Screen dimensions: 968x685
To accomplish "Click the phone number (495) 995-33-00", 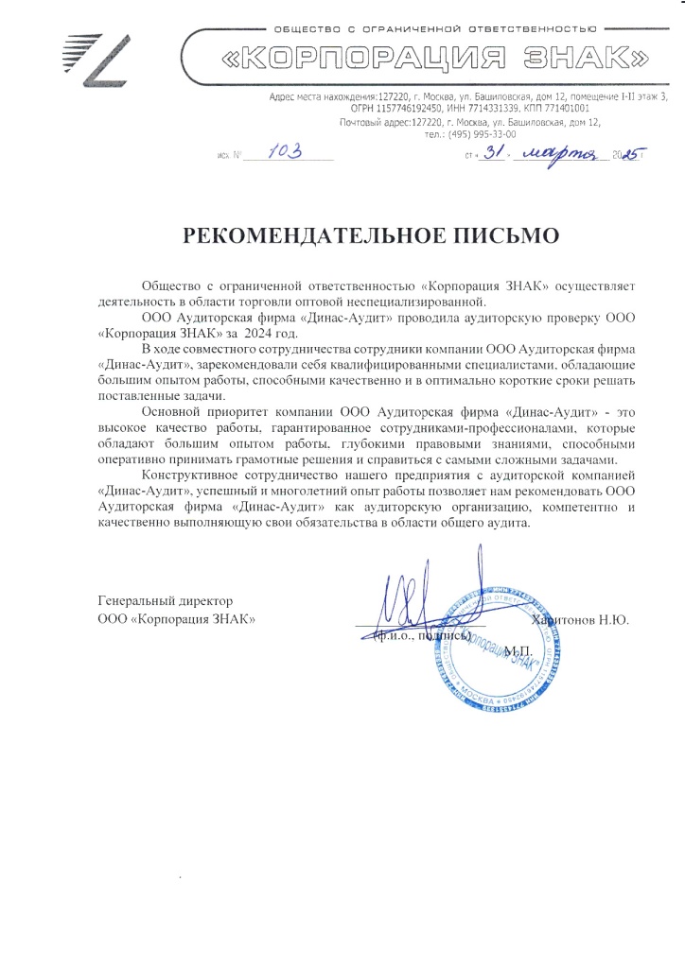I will click(470, 134).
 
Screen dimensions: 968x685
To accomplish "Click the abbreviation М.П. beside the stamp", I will click(519, 652).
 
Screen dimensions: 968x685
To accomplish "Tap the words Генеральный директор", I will click(166, 601).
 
